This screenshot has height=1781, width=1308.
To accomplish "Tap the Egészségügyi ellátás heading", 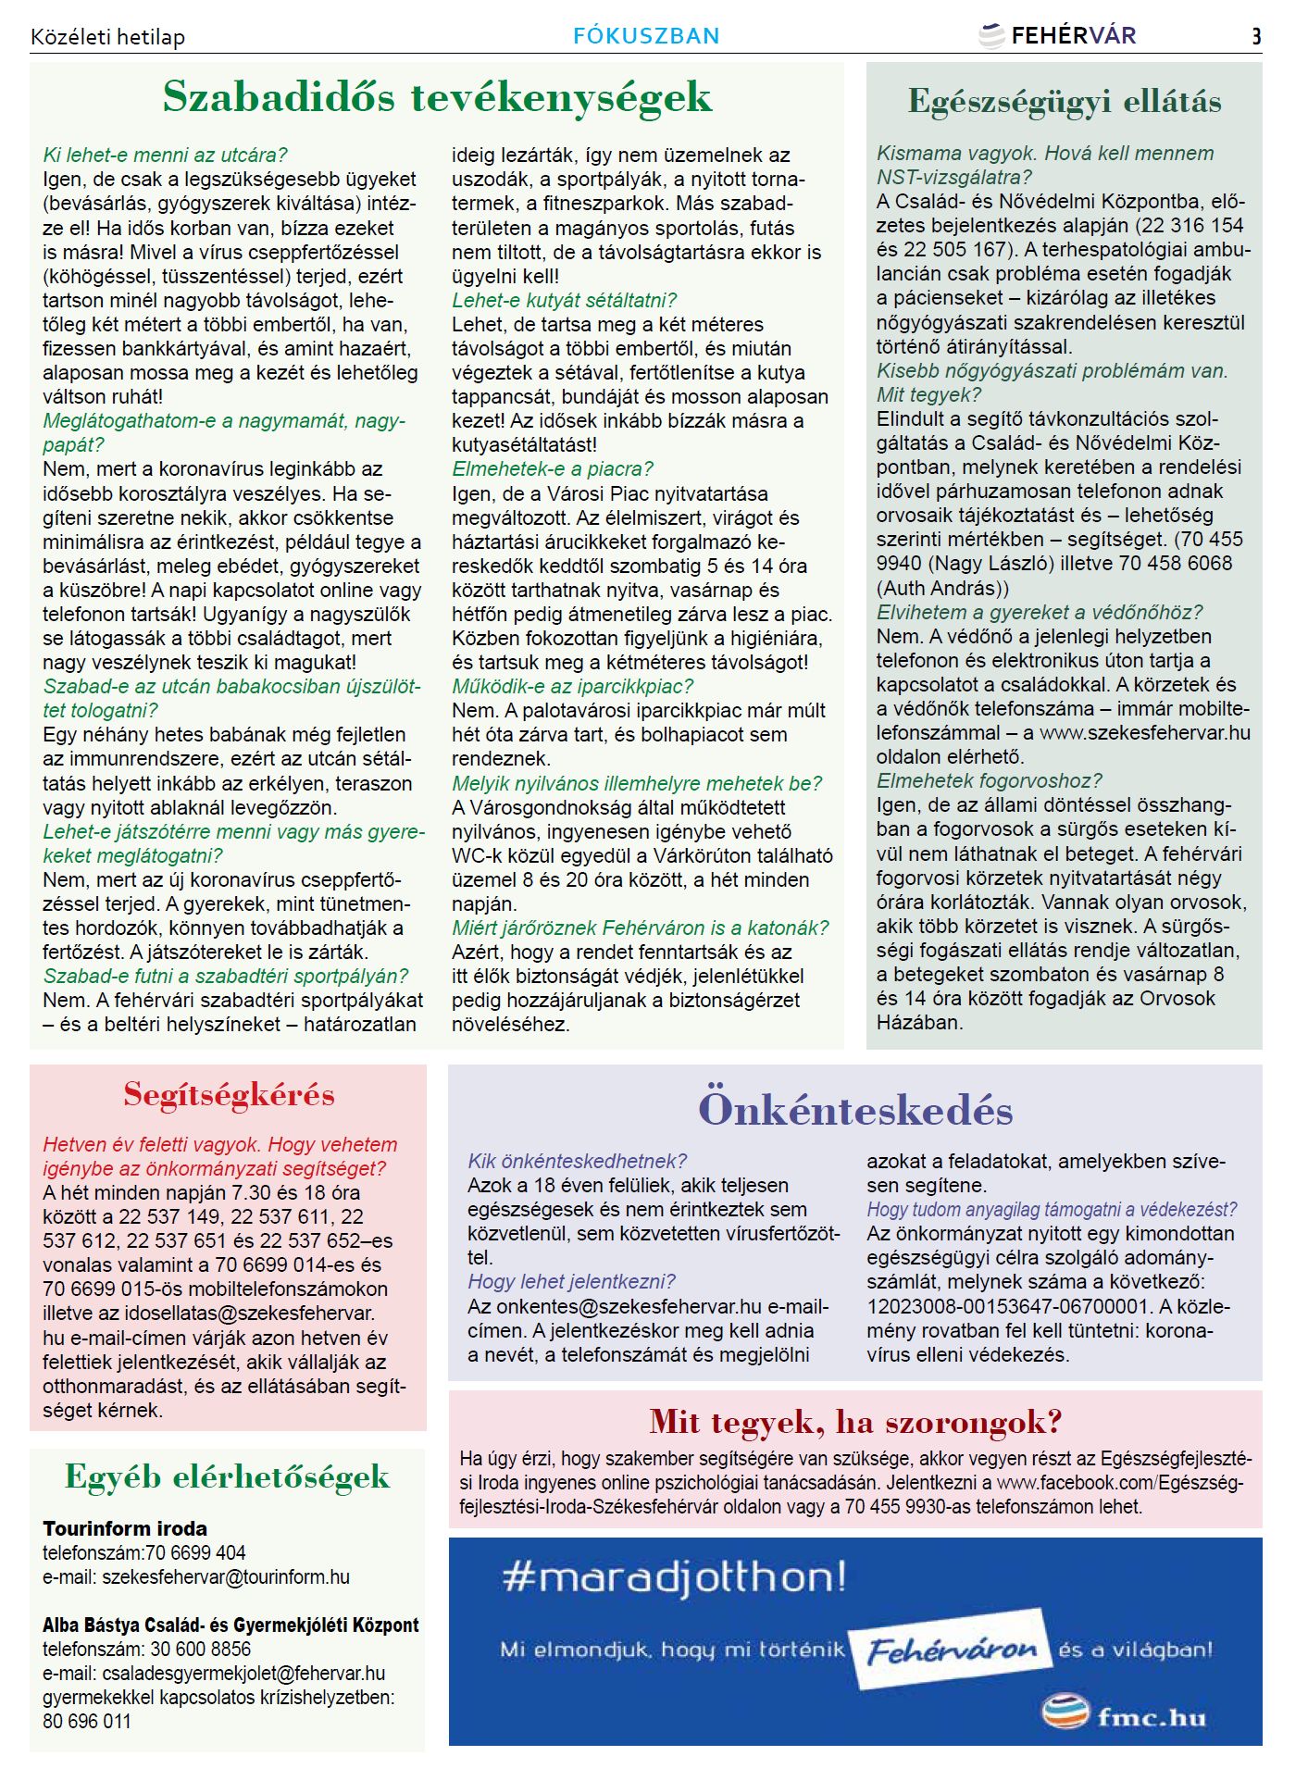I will (1064, 102).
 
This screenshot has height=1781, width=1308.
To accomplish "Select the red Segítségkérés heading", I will (229, 1095).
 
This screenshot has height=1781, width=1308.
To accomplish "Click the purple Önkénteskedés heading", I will (855, 1110).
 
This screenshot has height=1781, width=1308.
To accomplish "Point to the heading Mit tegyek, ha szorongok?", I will (855, 1421).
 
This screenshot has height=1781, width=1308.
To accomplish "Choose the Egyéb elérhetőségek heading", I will (227, 1476).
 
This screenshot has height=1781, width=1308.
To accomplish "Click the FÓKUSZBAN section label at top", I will (646, 36).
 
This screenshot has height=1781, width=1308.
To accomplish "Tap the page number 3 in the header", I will (1256, 36).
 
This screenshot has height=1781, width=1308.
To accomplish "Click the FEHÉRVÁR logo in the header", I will (1057, 36).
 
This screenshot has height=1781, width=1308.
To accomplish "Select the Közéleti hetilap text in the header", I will (107, 37).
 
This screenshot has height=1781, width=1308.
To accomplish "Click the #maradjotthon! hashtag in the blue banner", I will (674, 1577).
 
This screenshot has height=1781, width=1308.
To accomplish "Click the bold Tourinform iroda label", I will (125, 1528).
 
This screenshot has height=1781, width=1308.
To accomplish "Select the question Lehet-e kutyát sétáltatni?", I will (564, 300).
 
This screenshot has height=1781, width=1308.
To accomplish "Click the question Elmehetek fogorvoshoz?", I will (989, 780).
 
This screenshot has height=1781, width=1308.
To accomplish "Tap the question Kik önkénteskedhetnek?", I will (577, 1161).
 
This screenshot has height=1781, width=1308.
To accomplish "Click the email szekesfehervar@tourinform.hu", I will (226, 1576).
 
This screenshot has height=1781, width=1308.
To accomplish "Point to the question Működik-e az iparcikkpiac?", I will (572, 686).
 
